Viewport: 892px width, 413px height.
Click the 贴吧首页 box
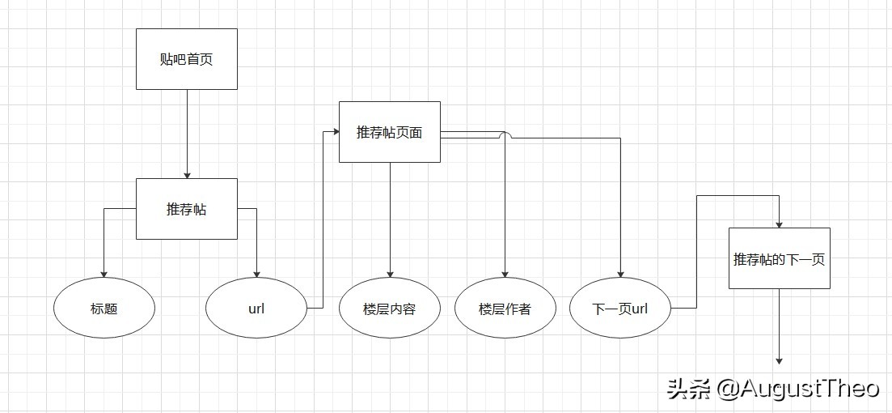pyautogui.click(x=187, y=59)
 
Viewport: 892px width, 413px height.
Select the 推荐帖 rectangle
pyautogui.click(x=187, y=209)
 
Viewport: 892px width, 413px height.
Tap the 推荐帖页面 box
pyautogui.click(x=390, y=132)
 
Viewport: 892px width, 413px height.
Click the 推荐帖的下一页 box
pyautogui.click(x=780, y=259)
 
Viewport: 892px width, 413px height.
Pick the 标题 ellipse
pyautogui.click(x=104, y=309)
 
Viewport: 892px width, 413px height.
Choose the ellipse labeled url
pyautogui.click(x=256, y=309)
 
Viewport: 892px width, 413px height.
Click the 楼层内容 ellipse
pyautogui.click(x=390, y=309)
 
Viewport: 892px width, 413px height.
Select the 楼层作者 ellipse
pyautogui.click(x=505, y=309)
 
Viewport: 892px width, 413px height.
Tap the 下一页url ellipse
pyautogui.click(x=620, y=309)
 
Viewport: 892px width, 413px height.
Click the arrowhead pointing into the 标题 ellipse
pyautogui.click(x=104, y=275)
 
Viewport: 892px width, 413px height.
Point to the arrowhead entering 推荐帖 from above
pyautogui.click(x=187, y=174)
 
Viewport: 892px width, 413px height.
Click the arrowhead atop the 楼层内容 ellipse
pyautogui.click(x=390, y=275)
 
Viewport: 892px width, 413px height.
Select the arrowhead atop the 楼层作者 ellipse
pyautogui.click(x=505, y=275)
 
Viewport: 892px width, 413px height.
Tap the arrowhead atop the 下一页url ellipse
pyautogui.click(x=620, y=275)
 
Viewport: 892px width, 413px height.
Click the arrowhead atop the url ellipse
pyautogui.click(x=256, y=275)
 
